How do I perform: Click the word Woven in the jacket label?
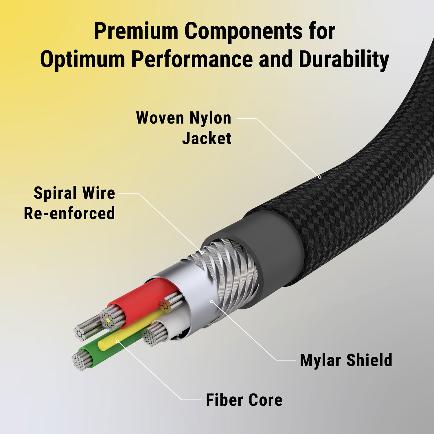click(x=160, y=118)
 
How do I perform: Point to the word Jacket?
click(x=207, y=138)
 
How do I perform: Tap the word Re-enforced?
click(x=69, y=214)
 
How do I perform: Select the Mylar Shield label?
click(x=346, y=360)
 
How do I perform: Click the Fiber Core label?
click(x=244, y=400)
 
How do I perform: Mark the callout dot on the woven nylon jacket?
click(x=320, y=177)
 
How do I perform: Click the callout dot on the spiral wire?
click(x=202, y=252)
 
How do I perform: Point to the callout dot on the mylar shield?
click(x=212, y=301)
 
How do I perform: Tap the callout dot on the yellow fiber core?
click(x=117, y=341)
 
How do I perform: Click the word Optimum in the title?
click(x=82, y=59)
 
